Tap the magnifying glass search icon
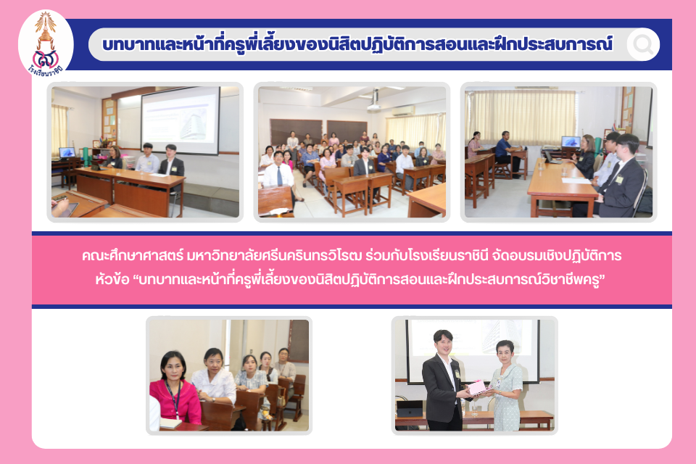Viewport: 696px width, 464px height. pyautogui.click(x=643, y=44)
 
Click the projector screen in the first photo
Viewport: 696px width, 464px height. pyautogui.click(x=181, y=120)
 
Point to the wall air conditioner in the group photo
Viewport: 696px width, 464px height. pyautogui.click(x=402, y=111)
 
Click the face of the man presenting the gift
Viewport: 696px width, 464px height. pyautogui.click(x=444, y=344)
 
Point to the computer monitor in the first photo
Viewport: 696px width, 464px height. pyautogui.click(x=67, y=153)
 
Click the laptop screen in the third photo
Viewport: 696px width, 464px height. pyautogui.click(x=571, y=142)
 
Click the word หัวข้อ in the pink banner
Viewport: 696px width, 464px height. pyautogui.click(x=112, y=280)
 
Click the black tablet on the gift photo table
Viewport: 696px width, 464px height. pyautogui.click(x=409, y=408)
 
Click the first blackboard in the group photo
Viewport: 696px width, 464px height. pyautogui.click(x=296, y=132)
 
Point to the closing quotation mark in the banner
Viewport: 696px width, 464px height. pyautogui.click(x=603, y=278)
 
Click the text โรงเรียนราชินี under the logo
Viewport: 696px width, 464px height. pyautogui.click(x=46, y=71)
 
